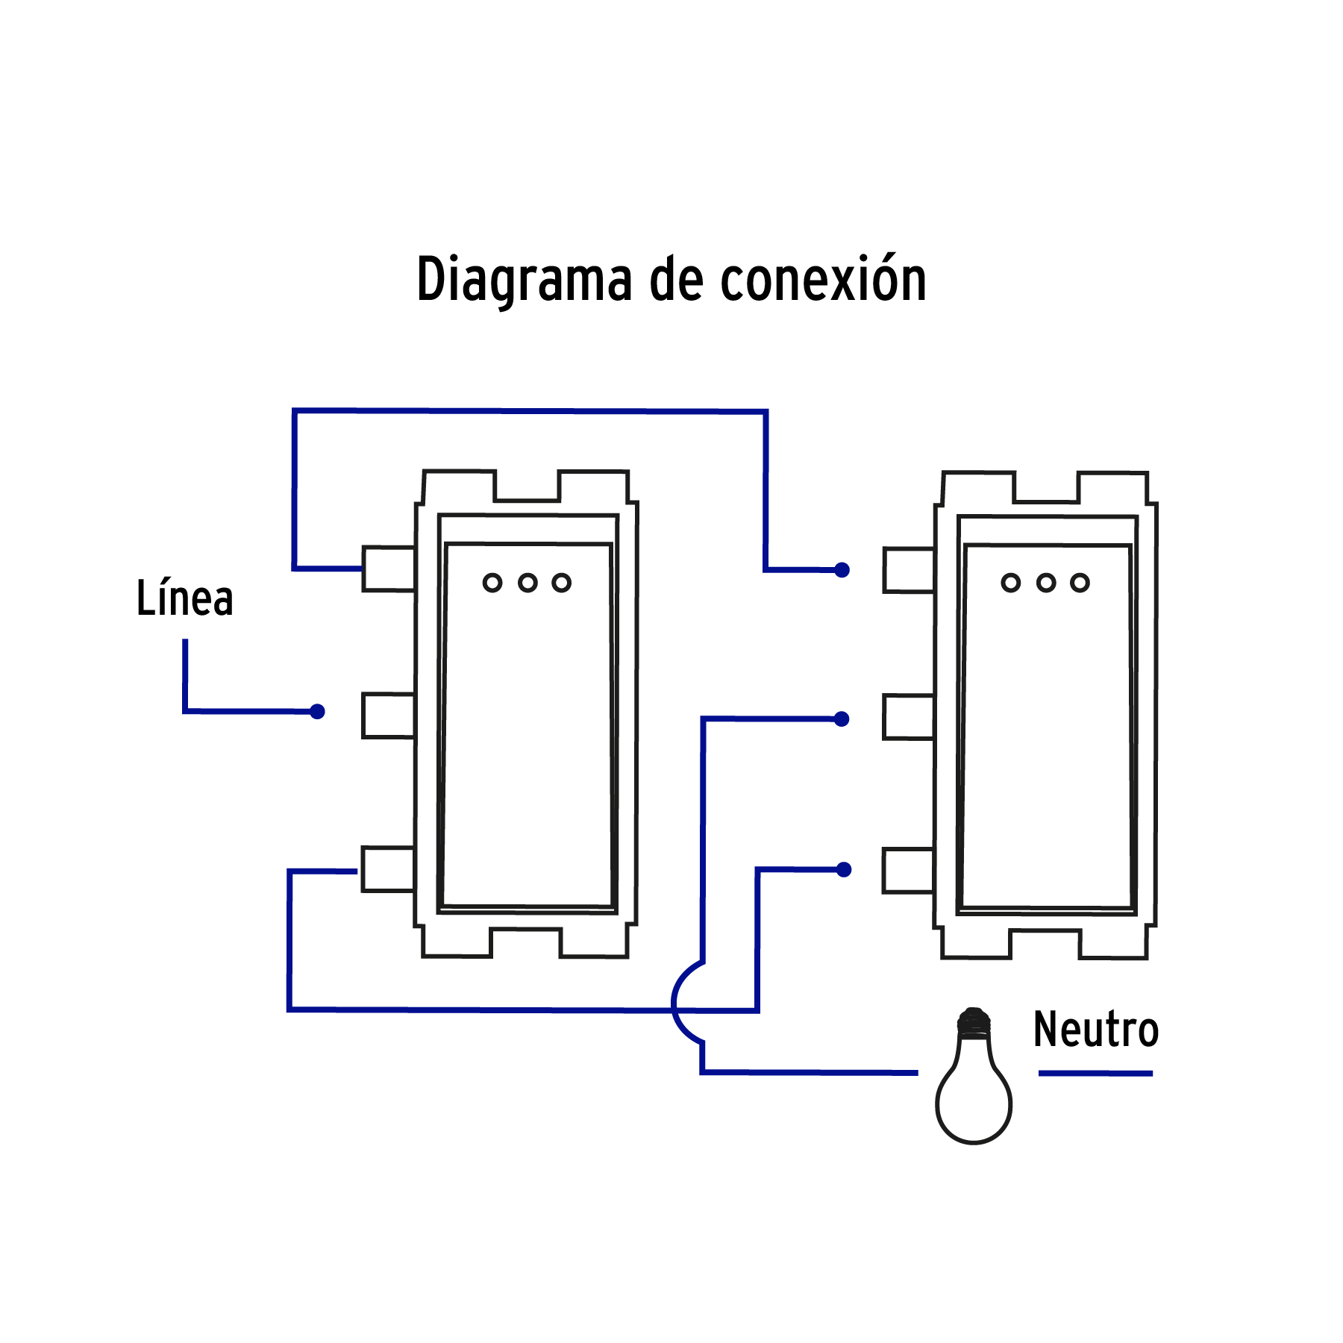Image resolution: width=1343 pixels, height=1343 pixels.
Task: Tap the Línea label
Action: (184, 598)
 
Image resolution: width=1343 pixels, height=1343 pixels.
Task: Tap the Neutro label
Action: (1095, 1030)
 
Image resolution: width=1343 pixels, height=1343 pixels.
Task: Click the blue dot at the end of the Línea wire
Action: (317, 712)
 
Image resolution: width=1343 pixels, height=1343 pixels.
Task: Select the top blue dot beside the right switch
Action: (842, 570)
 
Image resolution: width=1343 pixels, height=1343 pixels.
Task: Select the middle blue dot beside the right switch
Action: (842, 719)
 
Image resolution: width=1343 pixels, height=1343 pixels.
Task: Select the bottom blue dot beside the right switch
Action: (844, 870)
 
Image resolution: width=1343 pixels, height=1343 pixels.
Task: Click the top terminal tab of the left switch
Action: (389, 569)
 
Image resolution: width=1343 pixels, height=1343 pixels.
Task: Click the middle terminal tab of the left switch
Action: (389, 716)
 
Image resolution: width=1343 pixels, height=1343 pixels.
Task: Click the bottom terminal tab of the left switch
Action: (388, 869)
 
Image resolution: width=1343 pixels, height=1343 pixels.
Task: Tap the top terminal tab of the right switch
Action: (909, 571)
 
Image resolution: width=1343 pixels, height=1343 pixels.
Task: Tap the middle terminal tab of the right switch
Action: (909, 717)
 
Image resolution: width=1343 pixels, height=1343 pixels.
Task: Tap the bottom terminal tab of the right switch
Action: (908, 871)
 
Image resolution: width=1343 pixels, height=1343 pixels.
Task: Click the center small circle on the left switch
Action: (528, 583)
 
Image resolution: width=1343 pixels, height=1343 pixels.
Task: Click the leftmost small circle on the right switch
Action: (1010, 583)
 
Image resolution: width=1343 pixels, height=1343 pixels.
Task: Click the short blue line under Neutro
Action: (1095, 1073)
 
